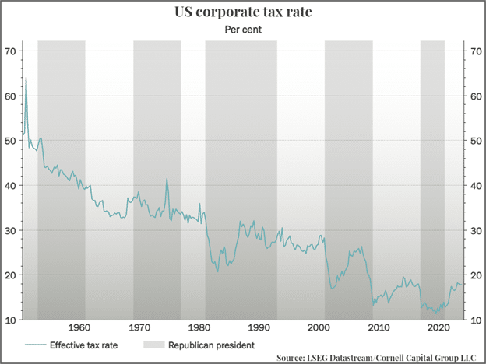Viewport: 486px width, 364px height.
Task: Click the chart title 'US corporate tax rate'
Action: tap(242, 13)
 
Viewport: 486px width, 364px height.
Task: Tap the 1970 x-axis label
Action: tap(140, 327)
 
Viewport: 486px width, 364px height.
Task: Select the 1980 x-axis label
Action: tap(200, 327)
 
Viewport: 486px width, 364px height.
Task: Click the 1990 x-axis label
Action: tap(259, 327)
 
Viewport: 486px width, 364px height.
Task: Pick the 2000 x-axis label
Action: tap(319, 327)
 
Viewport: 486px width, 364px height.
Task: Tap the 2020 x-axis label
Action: tap(438, 327)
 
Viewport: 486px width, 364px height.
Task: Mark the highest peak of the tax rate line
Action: tap(26, 78)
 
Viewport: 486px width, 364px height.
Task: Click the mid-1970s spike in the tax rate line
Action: tap(167, 180)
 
